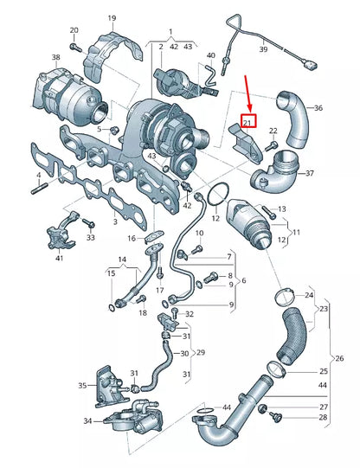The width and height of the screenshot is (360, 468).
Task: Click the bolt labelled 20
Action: point(76,46)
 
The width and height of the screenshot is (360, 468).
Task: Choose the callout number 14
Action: point(122,260)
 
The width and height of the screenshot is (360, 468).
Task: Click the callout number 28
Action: point(323,418)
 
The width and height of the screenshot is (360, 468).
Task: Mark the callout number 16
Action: point(132,238)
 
